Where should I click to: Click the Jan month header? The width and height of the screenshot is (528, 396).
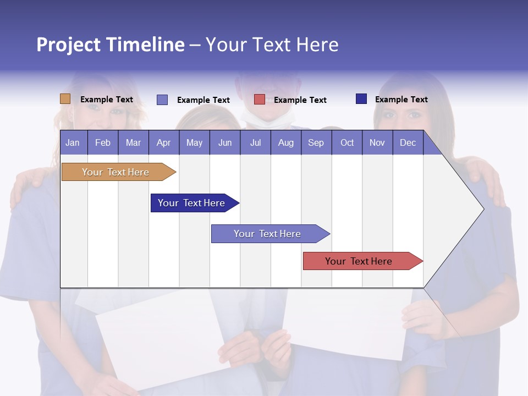(x=73, y=143)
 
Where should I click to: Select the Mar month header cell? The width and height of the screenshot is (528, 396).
(x=133, y=143)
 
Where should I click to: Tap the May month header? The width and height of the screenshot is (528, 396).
(x=194, y=143)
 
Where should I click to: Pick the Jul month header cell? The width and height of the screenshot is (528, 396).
(x=255, y=143)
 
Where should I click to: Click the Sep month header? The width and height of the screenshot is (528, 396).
(x=316, y=143)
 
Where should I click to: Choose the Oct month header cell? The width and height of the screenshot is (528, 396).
(x=347, y=143)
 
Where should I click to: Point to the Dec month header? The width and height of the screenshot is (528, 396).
(x=408, y=143)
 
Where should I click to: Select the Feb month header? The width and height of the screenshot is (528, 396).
(x=103, y=143)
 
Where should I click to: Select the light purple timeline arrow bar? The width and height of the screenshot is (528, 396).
(x=268, y=234)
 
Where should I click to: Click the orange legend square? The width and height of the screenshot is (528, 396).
(x=65, y=99)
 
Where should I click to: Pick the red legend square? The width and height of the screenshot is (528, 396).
(x=260, y=100)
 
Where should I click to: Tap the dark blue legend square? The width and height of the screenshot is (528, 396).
(x=361, y=99)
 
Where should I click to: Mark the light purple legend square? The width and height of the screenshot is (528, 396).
(x=162, y=100)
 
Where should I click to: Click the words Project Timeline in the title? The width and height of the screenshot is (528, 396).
(x=111, y=45)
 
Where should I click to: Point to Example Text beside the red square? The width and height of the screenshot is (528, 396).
(x=300, y=100)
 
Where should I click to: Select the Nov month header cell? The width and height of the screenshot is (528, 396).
(x=377, y=143)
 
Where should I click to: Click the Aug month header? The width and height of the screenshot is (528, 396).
(x=285, y=143)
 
